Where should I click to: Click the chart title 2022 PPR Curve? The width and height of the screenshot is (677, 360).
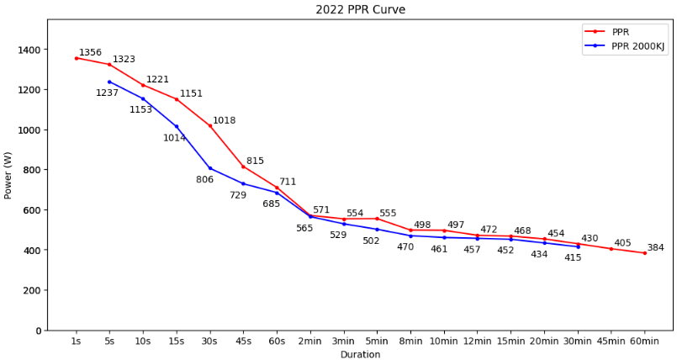click(360, 10)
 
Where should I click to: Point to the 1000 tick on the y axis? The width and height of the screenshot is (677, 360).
click(29, 130)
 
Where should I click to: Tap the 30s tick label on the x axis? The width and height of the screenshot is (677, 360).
click(209, 342)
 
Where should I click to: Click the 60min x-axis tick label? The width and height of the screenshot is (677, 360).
click(645, 342)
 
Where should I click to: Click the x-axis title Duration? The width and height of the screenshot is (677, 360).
click(360, 355)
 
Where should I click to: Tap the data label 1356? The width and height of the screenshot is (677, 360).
click(90, 53)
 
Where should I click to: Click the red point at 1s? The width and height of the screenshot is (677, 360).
click(76, 58)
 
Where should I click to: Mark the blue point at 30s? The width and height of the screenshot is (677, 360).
click(210, 168)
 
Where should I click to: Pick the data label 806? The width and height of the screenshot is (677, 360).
click(204, 180)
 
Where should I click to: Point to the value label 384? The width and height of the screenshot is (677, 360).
click(655, 248)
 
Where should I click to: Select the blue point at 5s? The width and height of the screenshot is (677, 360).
click(109, 82)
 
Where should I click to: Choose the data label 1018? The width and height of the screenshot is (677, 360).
click(224, 121)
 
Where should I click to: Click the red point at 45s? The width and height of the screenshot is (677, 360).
click(243, 167)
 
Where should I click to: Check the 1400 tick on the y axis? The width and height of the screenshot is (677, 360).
click(29, 50)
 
